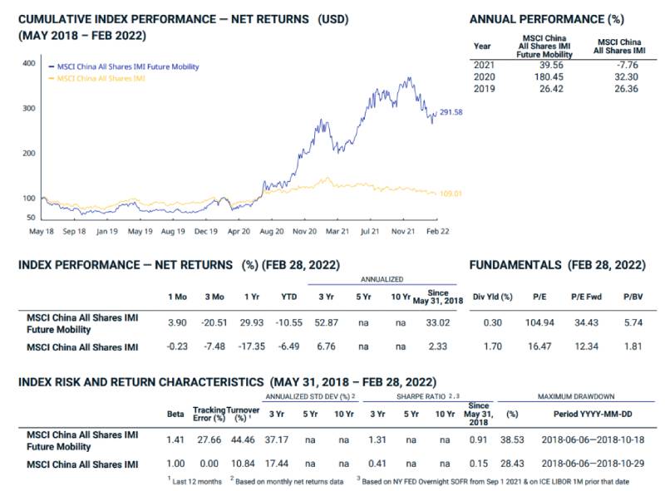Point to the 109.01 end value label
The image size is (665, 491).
451,194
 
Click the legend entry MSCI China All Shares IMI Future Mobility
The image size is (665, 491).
127,66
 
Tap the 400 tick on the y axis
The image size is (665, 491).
28,63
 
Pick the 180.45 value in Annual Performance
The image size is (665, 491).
540,76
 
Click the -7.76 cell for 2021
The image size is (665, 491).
621,65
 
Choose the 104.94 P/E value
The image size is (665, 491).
540,322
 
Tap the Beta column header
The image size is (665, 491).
175,414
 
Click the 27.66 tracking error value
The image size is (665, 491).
208,439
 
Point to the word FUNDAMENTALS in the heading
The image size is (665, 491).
516,265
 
